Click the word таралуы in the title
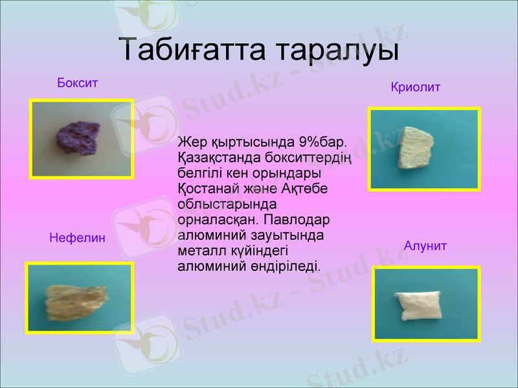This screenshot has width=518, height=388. click(335, 50)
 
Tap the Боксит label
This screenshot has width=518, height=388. click(77, 83)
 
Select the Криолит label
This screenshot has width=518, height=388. click(416, 87)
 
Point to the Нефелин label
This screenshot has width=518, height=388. click(77, 238)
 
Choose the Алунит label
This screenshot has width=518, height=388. click(425, 246)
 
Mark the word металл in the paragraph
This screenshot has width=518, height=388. click(199, 250)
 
